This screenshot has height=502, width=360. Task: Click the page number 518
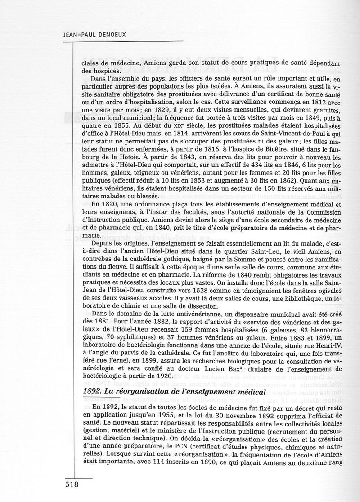tap(69, 485)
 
